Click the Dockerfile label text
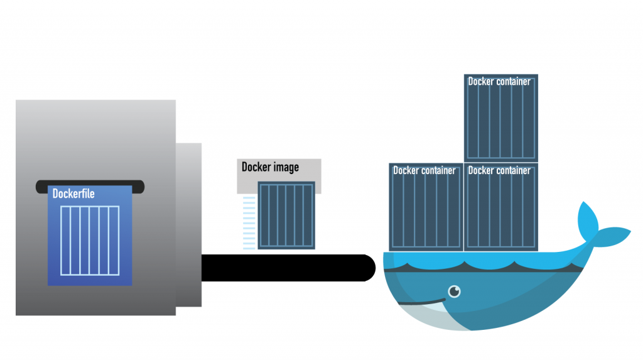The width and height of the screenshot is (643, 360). pos(73,194)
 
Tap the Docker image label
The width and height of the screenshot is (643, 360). pos(270,167)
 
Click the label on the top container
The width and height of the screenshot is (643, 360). pos(499,82)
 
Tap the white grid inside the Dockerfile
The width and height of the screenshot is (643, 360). pos(90,240)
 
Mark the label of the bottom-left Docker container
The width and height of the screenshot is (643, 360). pos(424,170)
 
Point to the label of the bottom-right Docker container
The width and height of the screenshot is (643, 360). pos(499,170)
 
